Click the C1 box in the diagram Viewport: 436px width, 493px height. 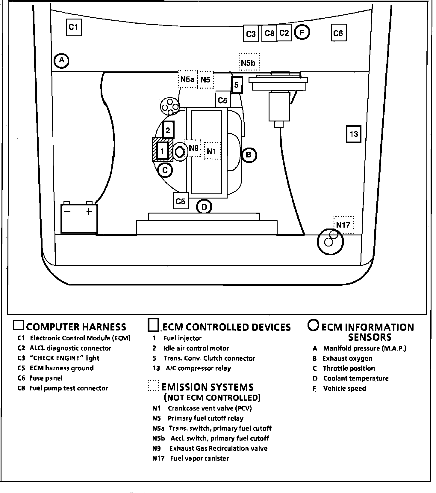[73, 27]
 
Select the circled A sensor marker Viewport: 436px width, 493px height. [61, 61]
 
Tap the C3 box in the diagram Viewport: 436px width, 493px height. [251, 34]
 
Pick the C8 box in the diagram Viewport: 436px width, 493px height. [269, 33]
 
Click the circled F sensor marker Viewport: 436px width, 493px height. [302, 32]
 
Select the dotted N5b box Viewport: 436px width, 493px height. [249, 62]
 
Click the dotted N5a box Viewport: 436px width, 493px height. [187, 79]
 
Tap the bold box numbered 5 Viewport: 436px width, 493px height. [237, 85]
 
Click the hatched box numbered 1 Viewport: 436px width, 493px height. [163, 150]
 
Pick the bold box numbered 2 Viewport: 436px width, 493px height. [168, 130]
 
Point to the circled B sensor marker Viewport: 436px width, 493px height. [248, 155]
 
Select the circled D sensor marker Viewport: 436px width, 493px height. [204, 207]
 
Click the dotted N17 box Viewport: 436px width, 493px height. [343, 225]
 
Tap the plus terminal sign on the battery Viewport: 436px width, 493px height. [89, 212]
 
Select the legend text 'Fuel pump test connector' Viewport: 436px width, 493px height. [69, 388]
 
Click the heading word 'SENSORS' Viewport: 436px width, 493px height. [370, 337]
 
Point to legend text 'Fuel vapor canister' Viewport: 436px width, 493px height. [199, 459]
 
